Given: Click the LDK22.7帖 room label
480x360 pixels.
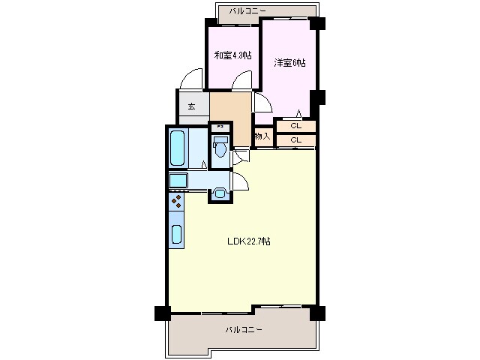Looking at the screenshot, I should [x=249, y=241].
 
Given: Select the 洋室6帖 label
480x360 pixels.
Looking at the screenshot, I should [x=289, y=63].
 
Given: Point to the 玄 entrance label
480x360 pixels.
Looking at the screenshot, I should [x=191, y=106].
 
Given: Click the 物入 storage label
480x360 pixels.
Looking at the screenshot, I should [x=262, y=136].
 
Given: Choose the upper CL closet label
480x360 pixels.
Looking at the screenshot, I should [x=295, y=126].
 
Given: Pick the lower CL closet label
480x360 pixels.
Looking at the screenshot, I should [x=295, y=139].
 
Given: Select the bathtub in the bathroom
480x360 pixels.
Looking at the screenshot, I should [x=177, y=148].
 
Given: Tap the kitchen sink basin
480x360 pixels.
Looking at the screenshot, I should [x=177, y=234].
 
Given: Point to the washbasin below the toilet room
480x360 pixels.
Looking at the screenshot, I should [x=220, y=193].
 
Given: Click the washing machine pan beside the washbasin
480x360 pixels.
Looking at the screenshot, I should [x=178, y=180].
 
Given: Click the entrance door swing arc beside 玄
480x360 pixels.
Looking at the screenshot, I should [x=190, y=79].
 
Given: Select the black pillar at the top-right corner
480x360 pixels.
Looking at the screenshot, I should [x=317, y=22].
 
